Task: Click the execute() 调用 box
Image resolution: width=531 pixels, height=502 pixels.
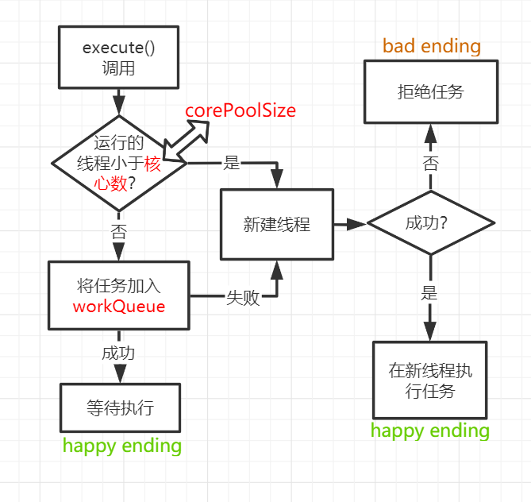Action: click(x=118, y=58)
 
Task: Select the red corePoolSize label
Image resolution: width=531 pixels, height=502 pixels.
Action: click(x=240, y=110)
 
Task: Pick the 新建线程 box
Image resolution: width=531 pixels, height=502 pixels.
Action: click(x=276, y=224)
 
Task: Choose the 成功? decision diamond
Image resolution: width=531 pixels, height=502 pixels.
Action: click(x=429, y=223)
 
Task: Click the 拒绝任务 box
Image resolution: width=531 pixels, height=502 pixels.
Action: click(x=429, y=92)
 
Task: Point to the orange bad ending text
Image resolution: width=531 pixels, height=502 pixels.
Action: click(x=432, y=46)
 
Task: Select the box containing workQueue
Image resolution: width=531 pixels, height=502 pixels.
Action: click(x=118, y=295)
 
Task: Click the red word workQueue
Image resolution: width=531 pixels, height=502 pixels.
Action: click(x=118, y=307)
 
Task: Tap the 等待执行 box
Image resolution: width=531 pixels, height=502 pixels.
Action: click(x=120, y=408)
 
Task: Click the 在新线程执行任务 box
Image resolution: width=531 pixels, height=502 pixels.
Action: click(x=429, y=380)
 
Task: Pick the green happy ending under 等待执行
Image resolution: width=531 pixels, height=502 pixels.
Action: click(x=122, y=446)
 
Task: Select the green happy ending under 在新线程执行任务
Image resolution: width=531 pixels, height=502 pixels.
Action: click(x=429, y=431)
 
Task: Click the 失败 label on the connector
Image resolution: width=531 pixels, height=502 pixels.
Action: click(x=243, y=298)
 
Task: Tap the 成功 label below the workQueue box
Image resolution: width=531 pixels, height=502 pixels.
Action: click(x=118, y=353)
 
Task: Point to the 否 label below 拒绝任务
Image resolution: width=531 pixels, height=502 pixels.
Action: click(x=429, y=164)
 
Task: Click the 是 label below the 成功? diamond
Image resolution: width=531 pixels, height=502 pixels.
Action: click(x=429, y=293)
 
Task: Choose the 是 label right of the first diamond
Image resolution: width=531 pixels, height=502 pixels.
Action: click(x=231, y=163)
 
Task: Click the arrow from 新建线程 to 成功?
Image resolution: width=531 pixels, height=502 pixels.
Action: click(x=349, y=224)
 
